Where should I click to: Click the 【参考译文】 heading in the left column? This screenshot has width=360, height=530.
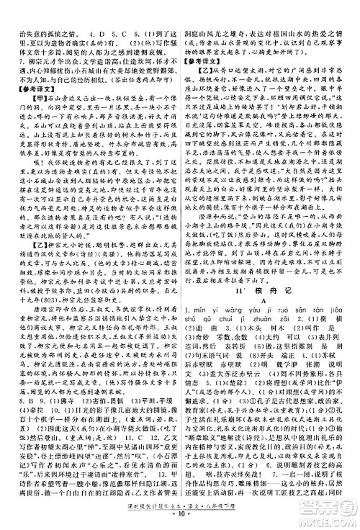[x=27, y=86]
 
